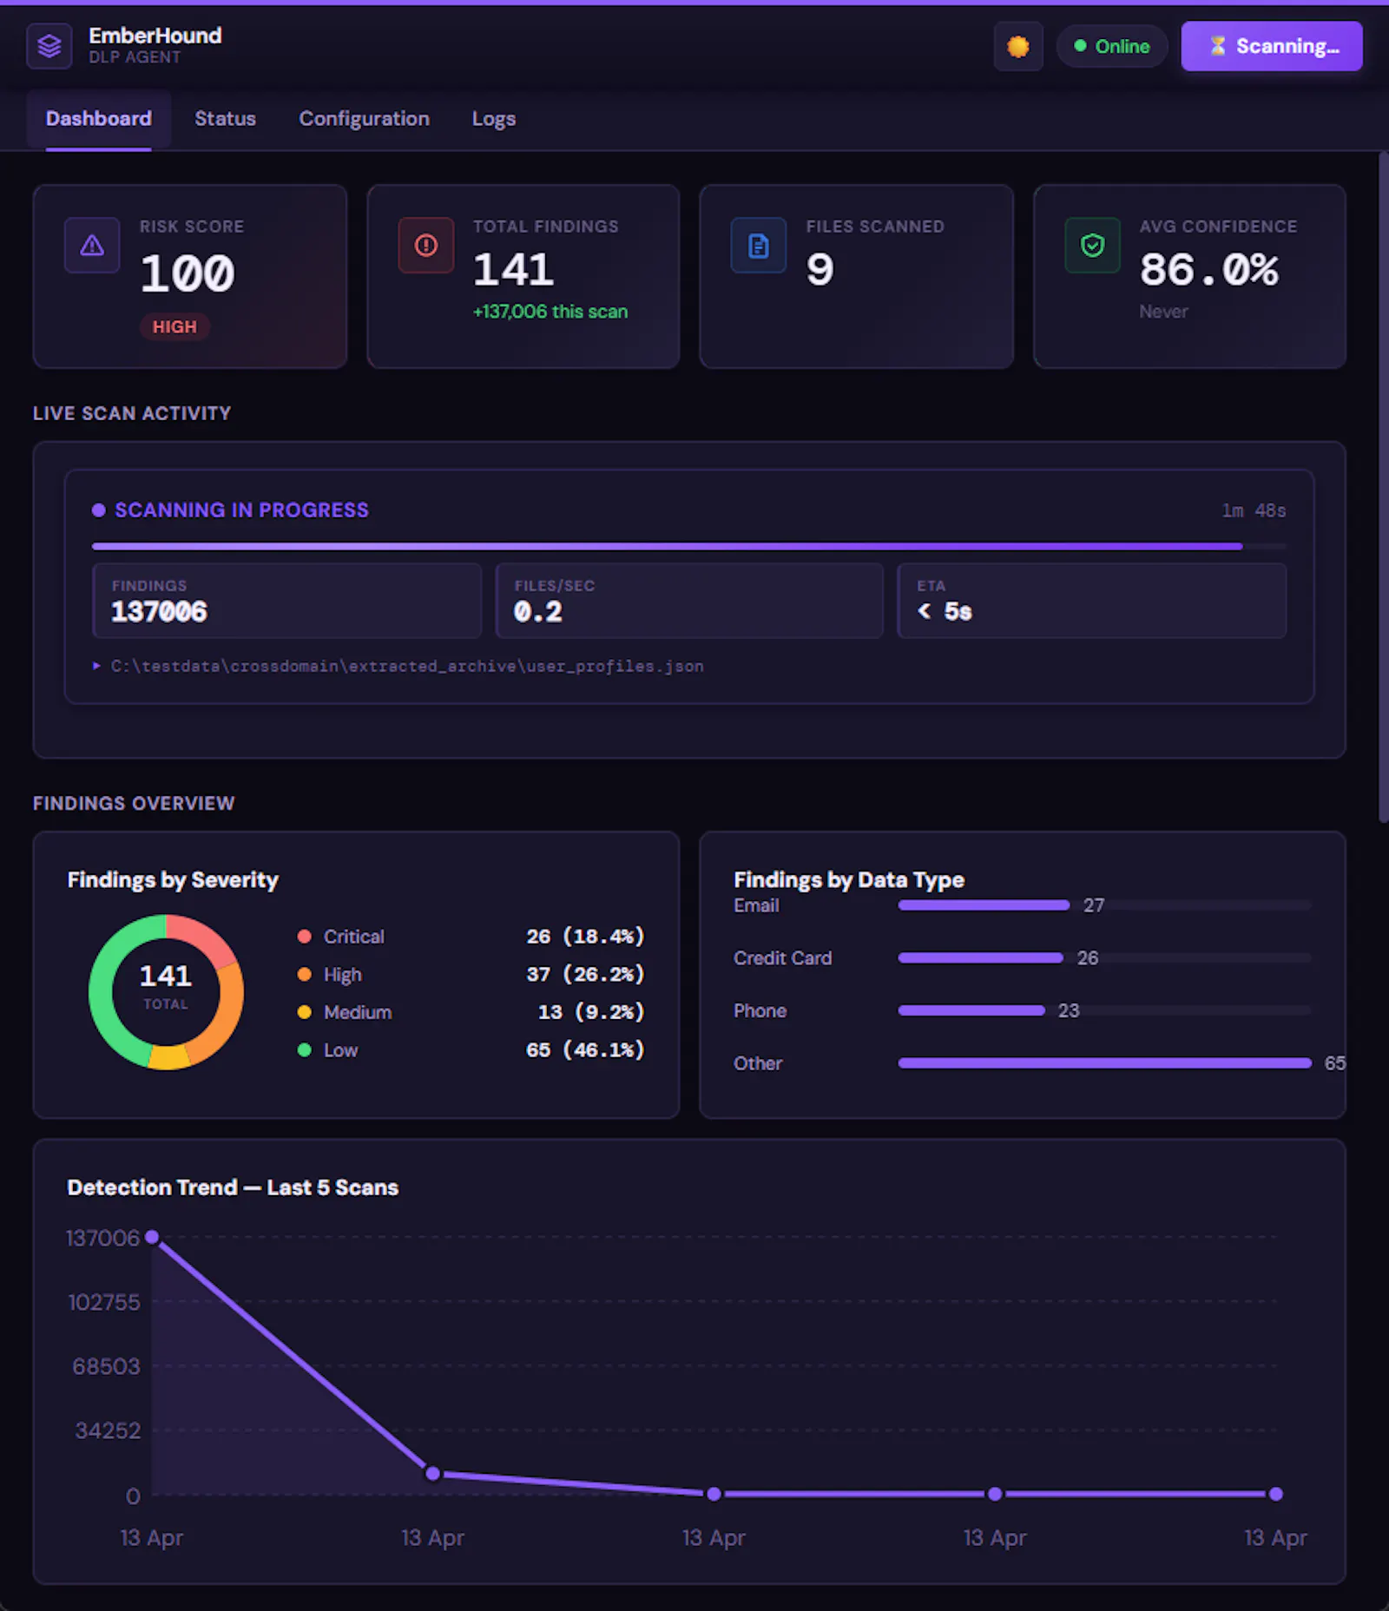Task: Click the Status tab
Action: (225, 119)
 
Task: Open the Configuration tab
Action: (364, 119)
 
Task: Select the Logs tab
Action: (493, 119)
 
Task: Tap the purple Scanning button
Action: (1271, 46)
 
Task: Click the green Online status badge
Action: (1112, 46)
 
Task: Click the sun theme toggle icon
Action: (1017, 46)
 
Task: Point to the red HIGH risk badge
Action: (174, 326)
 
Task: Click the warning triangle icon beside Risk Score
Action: (92, 246)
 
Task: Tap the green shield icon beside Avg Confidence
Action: (1092, 246)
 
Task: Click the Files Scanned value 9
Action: (820, 269)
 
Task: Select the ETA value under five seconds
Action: (945, 611)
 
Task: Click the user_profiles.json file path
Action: (407, 666)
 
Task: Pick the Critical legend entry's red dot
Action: (304, 937)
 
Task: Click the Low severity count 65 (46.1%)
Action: (584, 1049)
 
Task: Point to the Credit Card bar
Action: (980, 957)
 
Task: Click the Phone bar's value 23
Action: (1069, 1010)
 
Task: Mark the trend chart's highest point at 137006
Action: (152, 1236)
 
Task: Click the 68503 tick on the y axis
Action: (106, 1366)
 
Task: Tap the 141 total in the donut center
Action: (166, 976)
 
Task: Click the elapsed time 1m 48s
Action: (1254, 510)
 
